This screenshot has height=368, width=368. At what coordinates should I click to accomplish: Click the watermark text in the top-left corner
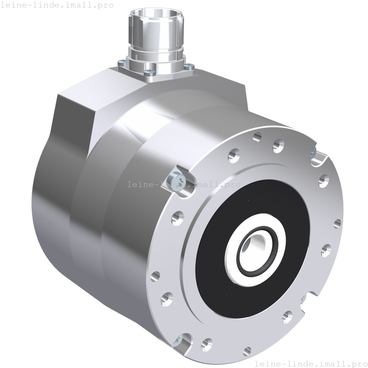(x=57, y=5)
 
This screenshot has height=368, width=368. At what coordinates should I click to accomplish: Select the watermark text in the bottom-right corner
(x=311, y=364)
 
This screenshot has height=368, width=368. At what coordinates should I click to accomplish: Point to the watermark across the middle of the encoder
(x=184, y=184)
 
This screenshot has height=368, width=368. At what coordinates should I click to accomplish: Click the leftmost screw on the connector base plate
(x=122, y=63)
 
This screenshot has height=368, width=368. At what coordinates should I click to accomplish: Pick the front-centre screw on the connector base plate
(x=148, y=73)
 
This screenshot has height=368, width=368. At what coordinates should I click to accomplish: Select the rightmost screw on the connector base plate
(x=189, y=67)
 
